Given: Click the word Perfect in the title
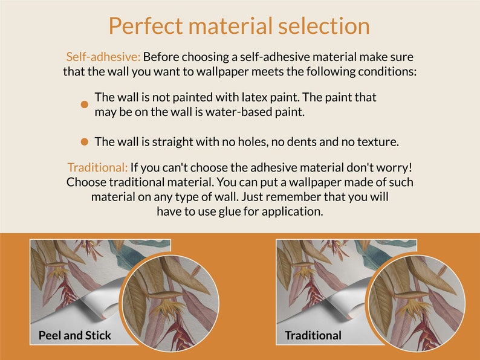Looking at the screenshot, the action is pyautogui.click(x=146, y=26).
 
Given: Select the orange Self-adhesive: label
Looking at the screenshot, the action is pyautogui.click(x=103, y=57).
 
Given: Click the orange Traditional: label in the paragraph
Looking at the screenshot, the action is pyautogui.click(x=97, y=167).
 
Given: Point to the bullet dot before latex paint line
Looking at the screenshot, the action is pyautogui.click(x=85, y=104).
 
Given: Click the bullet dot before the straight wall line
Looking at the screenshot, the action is pyautogui.click(x=85, y=142).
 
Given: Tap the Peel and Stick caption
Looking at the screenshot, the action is pyautogui.click(x=75, y=335).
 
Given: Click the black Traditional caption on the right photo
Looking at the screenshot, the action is pyautogui.click(x=313, y=335).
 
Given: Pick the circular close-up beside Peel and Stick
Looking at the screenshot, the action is pyautogui.click(x=171, y=303).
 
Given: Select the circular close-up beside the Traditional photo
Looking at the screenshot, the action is pyautogui.click(x=417, y=303).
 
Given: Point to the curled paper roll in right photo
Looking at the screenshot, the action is pyautogui.click(x=346, y=301).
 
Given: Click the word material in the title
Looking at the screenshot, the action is pyautogui.click(x=230, y=26).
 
